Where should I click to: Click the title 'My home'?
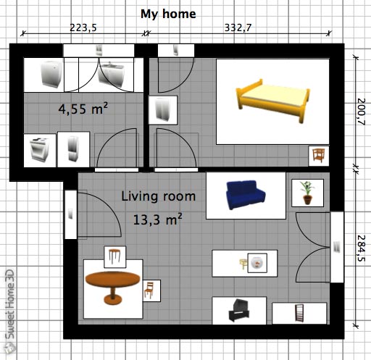168,14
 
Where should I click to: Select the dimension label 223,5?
83,28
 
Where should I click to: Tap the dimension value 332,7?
238,28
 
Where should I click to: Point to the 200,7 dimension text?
361,112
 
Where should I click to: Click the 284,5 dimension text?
361,248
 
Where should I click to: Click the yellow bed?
272,100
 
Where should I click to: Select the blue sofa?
246,195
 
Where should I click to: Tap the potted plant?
307,193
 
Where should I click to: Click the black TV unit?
239,310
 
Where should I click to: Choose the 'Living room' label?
158,196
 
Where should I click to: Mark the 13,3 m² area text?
157,219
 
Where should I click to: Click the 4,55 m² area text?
83,109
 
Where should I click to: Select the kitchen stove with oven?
39,150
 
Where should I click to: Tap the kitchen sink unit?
112,75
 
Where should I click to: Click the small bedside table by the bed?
319,156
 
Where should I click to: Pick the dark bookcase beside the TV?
299,313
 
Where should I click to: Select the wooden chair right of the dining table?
149,290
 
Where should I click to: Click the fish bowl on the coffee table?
257,263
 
